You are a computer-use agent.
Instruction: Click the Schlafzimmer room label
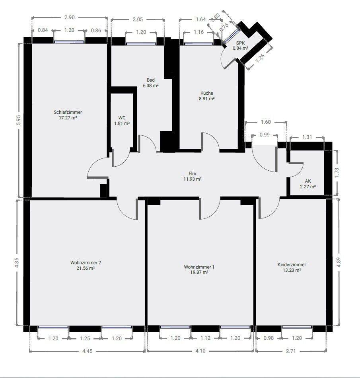pos(68,112)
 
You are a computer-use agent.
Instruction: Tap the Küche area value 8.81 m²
pos(207,99)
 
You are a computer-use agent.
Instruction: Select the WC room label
pos(122,118)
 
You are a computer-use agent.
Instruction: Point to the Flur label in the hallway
pos(193,173)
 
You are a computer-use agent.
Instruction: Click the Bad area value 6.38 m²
pos(151,86)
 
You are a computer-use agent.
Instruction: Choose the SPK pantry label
pos(241,43)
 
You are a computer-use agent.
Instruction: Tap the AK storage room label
pos(308,181)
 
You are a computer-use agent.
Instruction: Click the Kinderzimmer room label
pos(292,265)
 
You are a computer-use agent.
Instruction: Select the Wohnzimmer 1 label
pos(199,267)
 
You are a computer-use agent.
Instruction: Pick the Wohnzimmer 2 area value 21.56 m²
pos(86,268)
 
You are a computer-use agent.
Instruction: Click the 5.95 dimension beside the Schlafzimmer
pos(19,120)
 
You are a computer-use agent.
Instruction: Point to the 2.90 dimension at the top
pos(69,18)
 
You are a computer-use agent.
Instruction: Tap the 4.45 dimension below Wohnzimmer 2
pos(87,351)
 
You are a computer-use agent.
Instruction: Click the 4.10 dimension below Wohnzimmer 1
pos(200,351)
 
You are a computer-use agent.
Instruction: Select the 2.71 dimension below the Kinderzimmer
pos(291,351)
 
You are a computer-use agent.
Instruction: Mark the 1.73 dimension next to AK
pos(337,173)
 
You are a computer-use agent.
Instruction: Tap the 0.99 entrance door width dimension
pos(265,134)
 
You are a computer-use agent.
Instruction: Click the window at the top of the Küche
pos(198,44)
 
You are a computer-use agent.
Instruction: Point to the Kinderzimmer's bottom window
pos(297,327)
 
